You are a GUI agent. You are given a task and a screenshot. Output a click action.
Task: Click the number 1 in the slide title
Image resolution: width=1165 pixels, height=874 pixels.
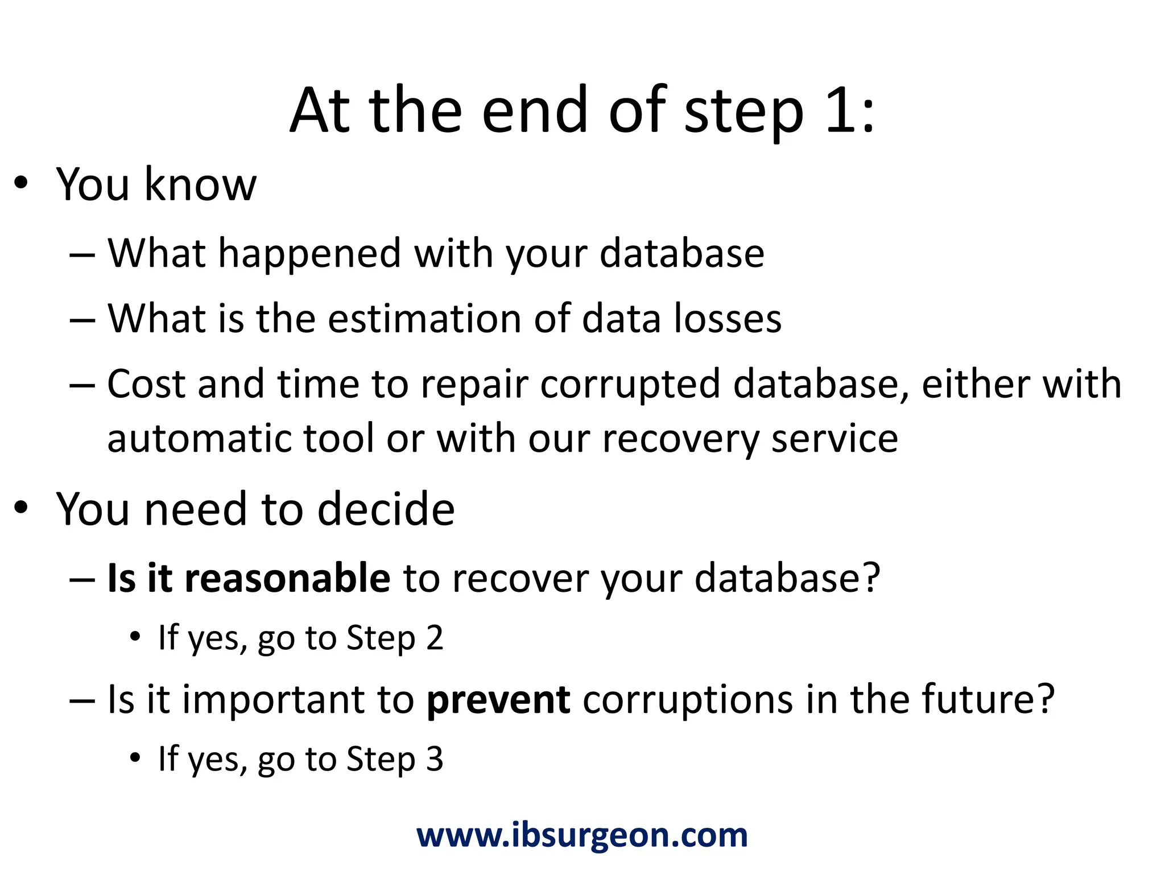coord(840,110)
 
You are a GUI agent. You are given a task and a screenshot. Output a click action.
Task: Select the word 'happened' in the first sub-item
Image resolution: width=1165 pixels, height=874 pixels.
coord(309,254)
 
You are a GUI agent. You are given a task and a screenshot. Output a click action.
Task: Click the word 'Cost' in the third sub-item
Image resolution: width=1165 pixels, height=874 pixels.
coord(146,384)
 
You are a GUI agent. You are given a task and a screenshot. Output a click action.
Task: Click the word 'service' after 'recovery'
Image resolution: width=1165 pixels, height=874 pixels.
coord(834,439)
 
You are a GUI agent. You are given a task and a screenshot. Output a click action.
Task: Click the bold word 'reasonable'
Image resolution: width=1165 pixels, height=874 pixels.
coord(287,578)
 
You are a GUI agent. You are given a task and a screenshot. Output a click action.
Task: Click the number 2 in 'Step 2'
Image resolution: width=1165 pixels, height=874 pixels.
coord(435,638)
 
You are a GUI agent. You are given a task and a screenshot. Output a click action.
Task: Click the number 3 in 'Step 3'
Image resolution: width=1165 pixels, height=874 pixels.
coord(435,759)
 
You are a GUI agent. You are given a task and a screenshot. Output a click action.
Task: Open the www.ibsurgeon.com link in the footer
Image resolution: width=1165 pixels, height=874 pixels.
coord(582,836)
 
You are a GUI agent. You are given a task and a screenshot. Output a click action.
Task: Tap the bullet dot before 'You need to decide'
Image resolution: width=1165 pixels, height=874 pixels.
coord(21,508)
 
